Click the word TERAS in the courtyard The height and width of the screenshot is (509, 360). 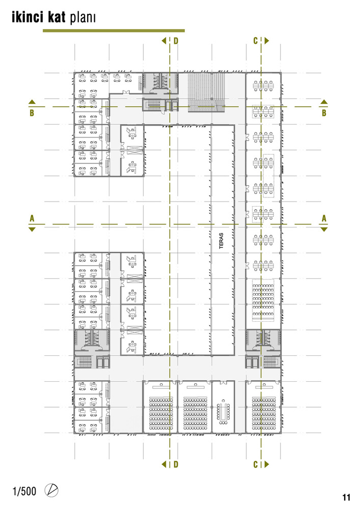[x=221, y=241]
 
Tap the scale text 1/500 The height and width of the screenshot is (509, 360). [x=24, y=491]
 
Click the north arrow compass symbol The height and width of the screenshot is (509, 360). [x=51, y=491]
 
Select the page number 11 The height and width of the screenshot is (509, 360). [x=346, y=497]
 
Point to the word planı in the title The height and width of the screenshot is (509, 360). [x=82, y=18]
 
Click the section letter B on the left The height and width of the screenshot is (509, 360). [x=32, y=113]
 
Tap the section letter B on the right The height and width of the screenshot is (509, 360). [x=324, y=113]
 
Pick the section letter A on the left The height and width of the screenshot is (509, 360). [x=32, y=218]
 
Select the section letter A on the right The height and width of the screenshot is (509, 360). [x=324, y=218]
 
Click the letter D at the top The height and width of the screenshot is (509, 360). [x=176, y=41]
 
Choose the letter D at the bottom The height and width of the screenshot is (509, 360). [x=176, y=464]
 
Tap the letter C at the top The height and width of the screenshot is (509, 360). [x=256, y=41]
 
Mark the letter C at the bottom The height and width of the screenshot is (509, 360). [x=256, y=465]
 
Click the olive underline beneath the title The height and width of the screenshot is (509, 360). [x=114, y=31]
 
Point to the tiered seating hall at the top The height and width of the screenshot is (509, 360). [x=206, y=93]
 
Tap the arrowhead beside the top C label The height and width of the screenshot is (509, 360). [x=267, y=41]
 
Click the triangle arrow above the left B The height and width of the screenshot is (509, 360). [x=32, y=102]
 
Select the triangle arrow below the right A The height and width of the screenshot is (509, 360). [x=324, y=230]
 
